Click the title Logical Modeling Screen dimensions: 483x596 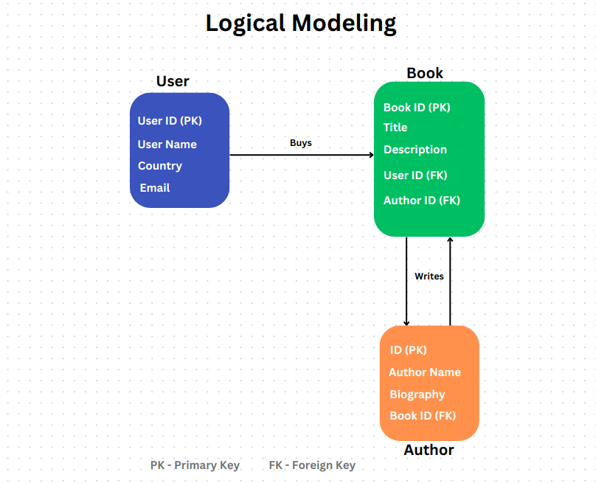point(301,23)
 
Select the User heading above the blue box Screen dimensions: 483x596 point(173,81)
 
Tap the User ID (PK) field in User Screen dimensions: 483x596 point(170,121)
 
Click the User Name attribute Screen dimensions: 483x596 point(167,145)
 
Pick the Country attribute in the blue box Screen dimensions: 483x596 point(160,166)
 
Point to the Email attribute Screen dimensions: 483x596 point(155,188)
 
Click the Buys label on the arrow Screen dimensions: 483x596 point(300,143)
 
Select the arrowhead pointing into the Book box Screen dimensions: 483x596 point(371,155)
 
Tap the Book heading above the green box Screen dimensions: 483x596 point(425,72)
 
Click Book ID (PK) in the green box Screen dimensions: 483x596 point(417,108)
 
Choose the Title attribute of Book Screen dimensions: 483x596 point(395,128)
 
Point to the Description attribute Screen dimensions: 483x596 point(415,150)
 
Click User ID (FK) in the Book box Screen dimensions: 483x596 point(415,176)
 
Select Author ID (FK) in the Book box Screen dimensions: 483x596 point(422,201)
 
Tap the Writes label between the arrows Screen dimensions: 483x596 point(429,277)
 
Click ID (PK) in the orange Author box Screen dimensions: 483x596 point(409,350)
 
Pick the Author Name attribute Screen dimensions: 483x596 point(425,372)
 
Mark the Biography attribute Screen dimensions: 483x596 point(417,395)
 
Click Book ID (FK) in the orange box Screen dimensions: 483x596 point(423,416)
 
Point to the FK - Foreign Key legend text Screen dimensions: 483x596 point(312,465)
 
